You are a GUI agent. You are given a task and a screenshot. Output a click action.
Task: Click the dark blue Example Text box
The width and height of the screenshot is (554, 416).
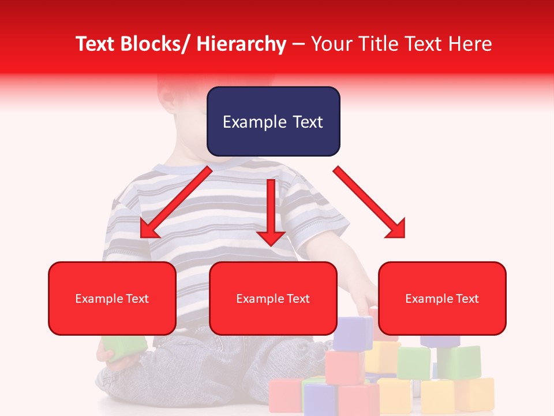[x=273, y=121]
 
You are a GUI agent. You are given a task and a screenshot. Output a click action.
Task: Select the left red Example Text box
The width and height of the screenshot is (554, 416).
[x=112, y=298]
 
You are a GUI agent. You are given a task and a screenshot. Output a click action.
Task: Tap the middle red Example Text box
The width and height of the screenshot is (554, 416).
[x=273, y=298]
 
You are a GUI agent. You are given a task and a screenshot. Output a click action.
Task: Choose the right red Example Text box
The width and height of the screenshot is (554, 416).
[x=442, y=298]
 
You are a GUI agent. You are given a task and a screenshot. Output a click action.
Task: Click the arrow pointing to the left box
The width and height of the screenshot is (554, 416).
[x=175, y=202]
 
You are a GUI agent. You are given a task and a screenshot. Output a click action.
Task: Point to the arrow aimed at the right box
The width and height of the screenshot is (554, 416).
[x=369, y=202]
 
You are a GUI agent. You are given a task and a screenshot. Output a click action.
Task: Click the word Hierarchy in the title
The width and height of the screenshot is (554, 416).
[x=241, y=44]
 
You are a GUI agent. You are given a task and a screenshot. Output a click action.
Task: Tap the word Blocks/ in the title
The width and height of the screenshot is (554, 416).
[x=155, y=44]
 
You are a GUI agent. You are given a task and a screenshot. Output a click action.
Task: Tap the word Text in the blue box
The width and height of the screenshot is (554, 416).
[x=306, y=122]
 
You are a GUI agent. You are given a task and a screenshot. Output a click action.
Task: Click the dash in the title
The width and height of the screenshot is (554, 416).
[x=298, y=44]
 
